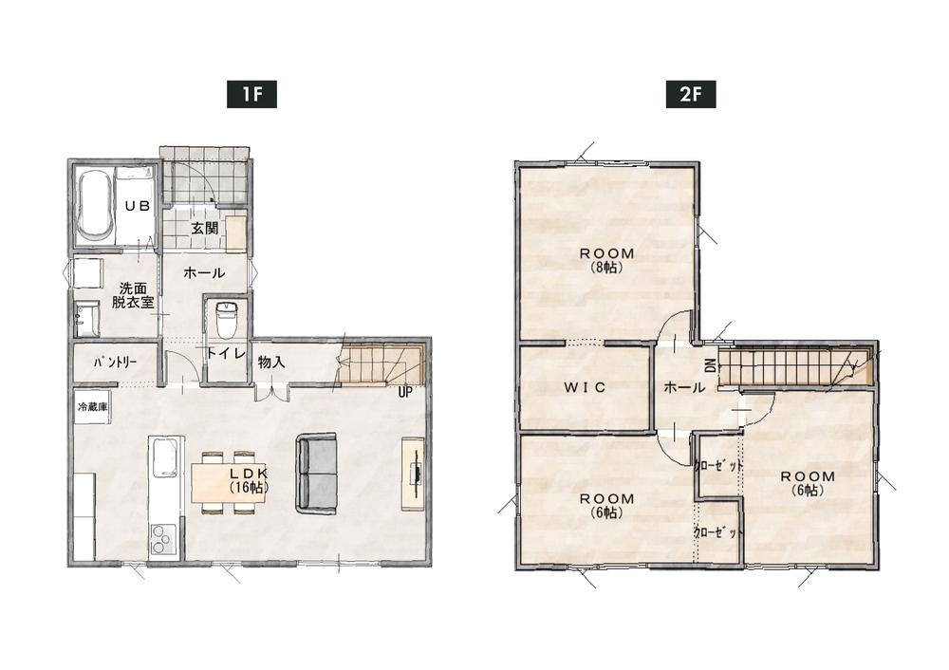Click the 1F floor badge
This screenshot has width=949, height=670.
point(251,94)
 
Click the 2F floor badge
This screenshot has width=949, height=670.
point(691,94)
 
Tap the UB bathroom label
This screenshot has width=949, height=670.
point(138,206)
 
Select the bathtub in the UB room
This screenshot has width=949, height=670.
point(94,204)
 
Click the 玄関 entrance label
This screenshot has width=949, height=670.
point(205,228)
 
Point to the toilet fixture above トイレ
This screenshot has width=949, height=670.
point(225,318)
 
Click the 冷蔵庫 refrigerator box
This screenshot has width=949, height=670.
point(92,407)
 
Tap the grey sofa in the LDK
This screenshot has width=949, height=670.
point(316,473)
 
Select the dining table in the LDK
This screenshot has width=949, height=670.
point(228,482)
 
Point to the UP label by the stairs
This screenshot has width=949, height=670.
point(405,392)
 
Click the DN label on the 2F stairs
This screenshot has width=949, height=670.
point(711,365)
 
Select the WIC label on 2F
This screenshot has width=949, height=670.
point(585,387)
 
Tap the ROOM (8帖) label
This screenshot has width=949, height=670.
point(607,260)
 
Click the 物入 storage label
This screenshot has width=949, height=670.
point(271,362)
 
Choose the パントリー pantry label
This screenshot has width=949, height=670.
point(115,362)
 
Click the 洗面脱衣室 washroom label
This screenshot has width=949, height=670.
point(133,295)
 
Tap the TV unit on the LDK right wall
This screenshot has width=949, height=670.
point(414,473)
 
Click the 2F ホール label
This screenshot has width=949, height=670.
point(684,387)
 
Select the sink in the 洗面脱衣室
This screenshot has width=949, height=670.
point(87,318)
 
